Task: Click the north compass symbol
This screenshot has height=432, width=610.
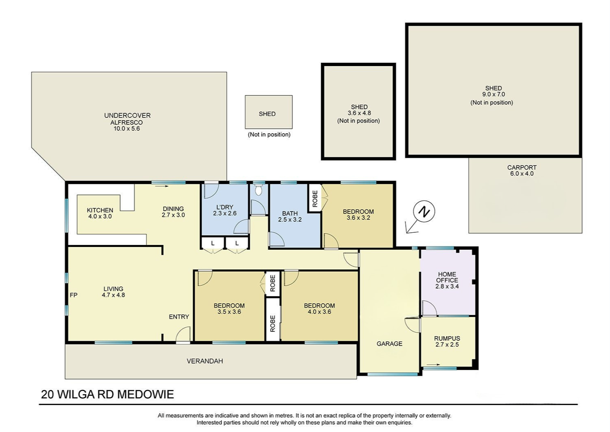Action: [424, 212]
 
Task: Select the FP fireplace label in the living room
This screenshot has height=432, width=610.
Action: [73, 295]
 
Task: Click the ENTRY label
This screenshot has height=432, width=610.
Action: [179, 317]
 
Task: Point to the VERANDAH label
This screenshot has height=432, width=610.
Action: [205, 361]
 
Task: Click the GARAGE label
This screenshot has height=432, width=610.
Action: [389, 344]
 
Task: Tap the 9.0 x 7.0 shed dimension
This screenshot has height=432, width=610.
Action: [493, 95]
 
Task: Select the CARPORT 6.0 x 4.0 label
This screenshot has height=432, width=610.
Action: [522, 171]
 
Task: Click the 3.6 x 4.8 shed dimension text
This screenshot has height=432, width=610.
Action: [359, 113]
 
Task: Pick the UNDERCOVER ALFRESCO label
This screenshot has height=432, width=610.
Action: [127, 119]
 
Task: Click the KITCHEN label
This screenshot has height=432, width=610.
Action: [100, 210]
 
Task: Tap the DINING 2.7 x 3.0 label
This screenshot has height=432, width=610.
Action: [173, 212]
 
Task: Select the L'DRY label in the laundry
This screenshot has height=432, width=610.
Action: [225, 207]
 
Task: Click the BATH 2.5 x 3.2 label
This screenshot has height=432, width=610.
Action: [290, 216]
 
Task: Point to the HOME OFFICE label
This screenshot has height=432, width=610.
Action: [447, 277]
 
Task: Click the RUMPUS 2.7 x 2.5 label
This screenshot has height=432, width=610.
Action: [447, 342]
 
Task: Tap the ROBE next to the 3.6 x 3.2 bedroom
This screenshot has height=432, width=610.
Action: [315, 198]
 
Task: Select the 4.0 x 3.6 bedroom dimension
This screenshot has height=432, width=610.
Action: [319, 312]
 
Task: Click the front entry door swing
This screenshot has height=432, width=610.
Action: [182, 334]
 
